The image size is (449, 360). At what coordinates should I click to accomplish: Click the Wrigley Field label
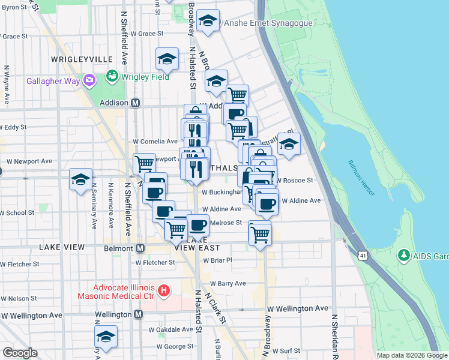pos(146,77)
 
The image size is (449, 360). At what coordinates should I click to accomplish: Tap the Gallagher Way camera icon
pos(89,80)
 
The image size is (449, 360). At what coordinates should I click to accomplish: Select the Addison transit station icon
pos(136,103)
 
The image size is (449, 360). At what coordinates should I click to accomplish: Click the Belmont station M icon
pos(140,248)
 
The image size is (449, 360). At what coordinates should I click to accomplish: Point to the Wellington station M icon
pos(139,314)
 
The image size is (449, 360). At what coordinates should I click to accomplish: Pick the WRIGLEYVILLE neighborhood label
pos(82,59)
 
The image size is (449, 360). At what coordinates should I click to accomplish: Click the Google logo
pos(20,352)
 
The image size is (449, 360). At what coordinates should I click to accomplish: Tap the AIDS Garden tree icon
pos(404,256)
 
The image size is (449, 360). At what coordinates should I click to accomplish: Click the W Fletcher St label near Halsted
pos(155,262)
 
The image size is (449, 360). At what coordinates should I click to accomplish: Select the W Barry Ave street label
pos(228,283)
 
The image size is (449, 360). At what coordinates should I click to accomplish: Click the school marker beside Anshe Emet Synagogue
pos(208,20)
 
